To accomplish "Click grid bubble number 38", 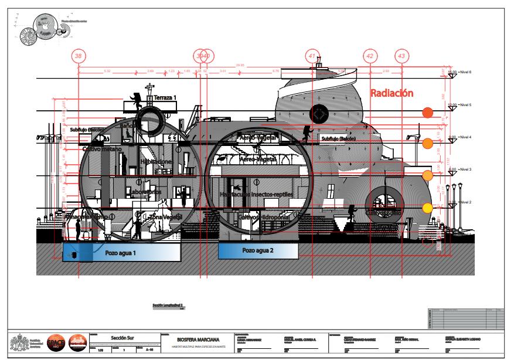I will [x=79, y=56].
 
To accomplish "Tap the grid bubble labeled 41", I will [x=312, y=56].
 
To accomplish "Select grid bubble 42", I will [x=370, y=56].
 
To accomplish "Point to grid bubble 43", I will [x=401, y=56].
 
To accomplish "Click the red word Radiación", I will [x=393, y=93].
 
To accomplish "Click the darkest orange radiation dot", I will [x=428, y=113].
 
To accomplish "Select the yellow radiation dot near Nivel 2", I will [x=428, y=208].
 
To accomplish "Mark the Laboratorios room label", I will [x=146, y=192].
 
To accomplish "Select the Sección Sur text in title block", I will [x=123, y=338].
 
